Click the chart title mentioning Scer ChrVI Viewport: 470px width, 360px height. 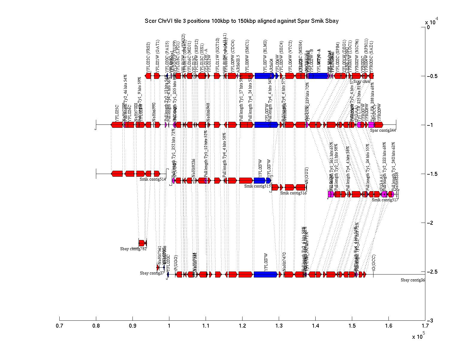coord(241,21)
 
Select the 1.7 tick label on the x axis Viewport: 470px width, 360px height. coord(425,326)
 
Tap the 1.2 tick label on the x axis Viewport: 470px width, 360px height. coord(242,326)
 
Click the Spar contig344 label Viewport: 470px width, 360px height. coord(383,130)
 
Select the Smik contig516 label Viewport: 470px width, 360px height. coord(293,193)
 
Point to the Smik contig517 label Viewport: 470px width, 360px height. coord(385,200)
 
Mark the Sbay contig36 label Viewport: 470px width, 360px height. coord(413,280)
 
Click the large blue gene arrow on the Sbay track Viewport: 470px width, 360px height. coord(266,274)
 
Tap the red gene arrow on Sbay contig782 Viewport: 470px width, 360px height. coord(142,243)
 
